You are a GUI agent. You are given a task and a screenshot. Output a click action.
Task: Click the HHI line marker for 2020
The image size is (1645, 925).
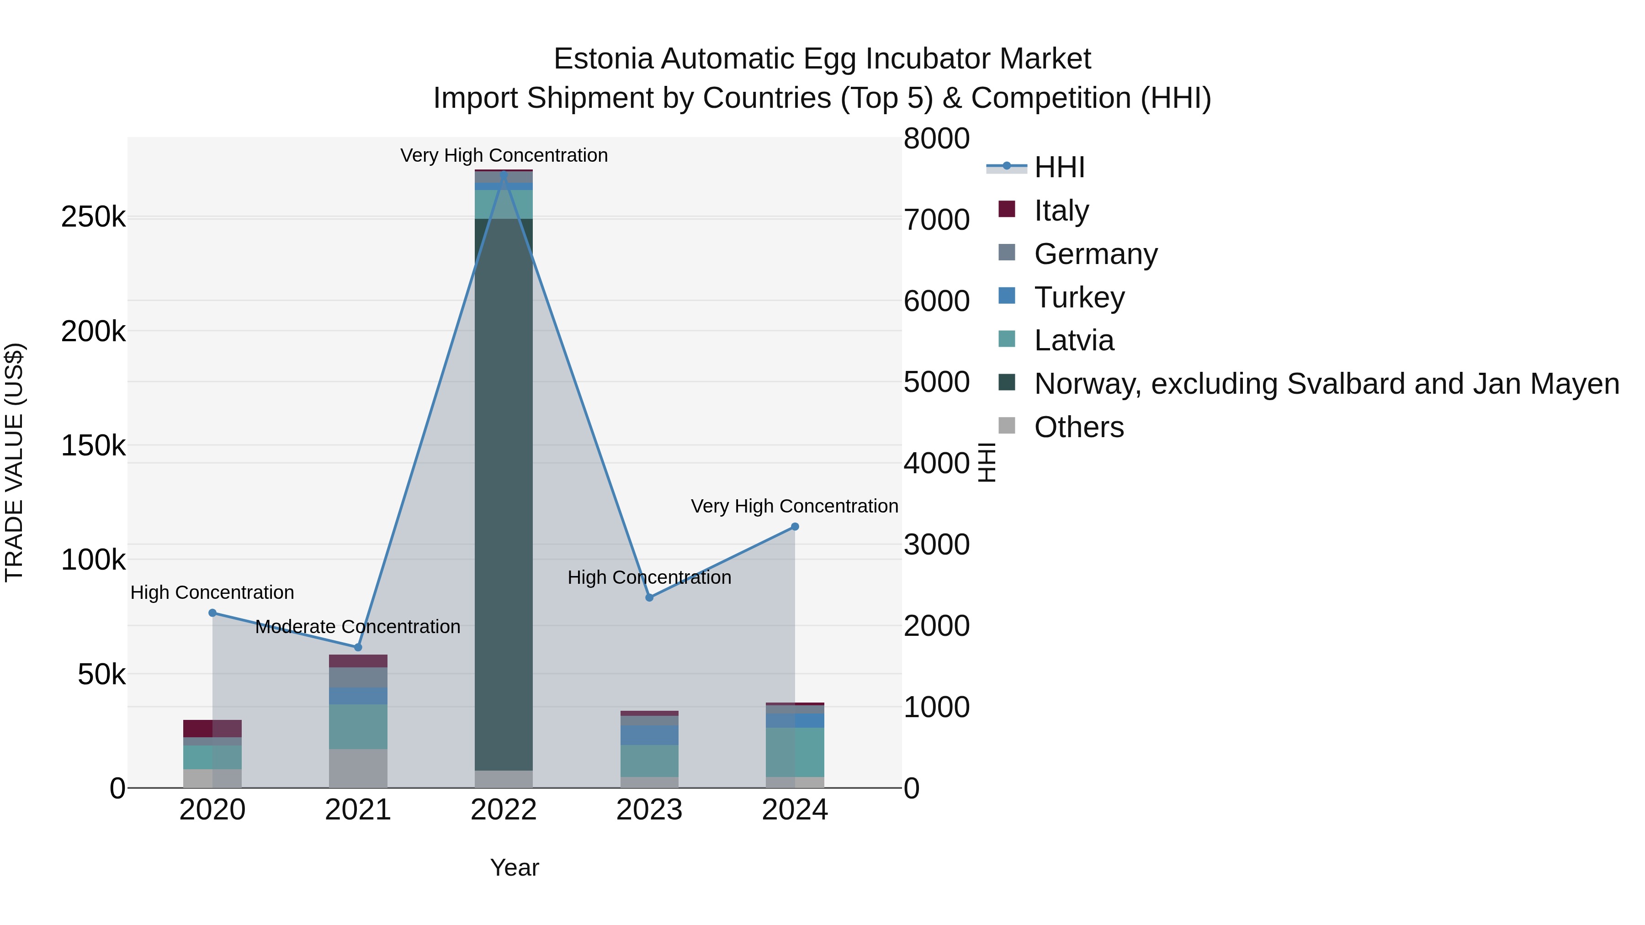point(212,613)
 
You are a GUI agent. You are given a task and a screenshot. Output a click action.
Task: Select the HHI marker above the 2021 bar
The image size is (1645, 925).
point(358,647)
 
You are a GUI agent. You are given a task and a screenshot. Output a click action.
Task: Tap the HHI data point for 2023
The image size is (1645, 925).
point(649,597)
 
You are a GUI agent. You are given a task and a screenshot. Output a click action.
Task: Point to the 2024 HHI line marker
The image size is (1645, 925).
point(795,527)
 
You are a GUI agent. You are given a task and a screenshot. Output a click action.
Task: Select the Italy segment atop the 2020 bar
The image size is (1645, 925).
point(212,729)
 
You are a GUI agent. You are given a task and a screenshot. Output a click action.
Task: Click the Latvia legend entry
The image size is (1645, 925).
point(1074,340)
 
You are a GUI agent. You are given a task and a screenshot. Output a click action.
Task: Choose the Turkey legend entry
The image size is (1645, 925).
point(1079,297)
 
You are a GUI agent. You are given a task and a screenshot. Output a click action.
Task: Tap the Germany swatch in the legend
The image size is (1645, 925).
point(1007,253)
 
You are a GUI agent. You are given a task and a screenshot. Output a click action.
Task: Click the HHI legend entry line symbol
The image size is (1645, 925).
point(1007,167)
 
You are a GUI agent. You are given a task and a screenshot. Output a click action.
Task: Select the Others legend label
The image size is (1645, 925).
point(1079,427)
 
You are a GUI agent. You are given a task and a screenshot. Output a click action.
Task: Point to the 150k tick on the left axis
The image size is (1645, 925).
point(93,445)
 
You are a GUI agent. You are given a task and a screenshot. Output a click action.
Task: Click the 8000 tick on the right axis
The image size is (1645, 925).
point(936,138)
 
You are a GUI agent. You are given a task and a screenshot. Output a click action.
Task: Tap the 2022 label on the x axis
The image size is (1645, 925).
point(504,810)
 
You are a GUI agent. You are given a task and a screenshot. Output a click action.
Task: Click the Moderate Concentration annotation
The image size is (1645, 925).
point(358,627)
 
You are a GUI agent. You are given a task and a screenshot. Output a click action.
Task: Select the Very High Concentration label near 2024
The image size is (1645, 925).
point(795,506)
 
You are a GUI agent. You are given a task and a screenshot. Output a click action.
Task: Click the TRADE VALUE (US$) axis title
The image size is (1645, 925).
point(14,462)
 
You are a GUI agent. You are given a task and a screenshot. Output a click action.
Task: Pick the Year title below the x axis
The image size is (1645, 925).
point(515,867)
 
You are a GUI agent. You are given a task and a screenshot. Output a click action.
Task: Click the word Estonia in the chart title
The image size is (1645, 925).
point(604,59)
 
